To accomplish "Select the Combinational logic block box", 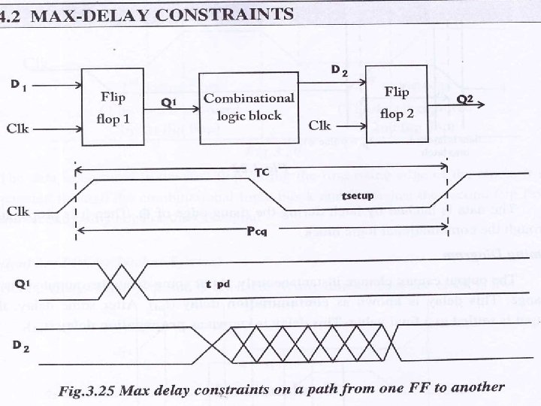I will click(249, 107).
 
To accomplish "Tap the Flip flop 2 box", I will click(397, 102).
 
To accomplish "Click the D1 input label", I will click(20, 85).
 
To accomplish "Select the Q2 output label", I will click(467, 98).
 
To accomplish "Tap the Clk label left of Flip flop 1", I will click(18, 128).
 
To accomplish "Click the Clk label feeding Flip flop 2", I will click(320, 123).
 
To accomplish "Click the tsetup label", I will click(358, 195).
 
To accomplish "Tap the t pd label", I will click(218, 285).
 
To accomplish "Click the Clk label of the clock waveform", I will click(18, 212).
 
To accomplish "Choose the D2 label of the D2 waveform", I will click(21, 345).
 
